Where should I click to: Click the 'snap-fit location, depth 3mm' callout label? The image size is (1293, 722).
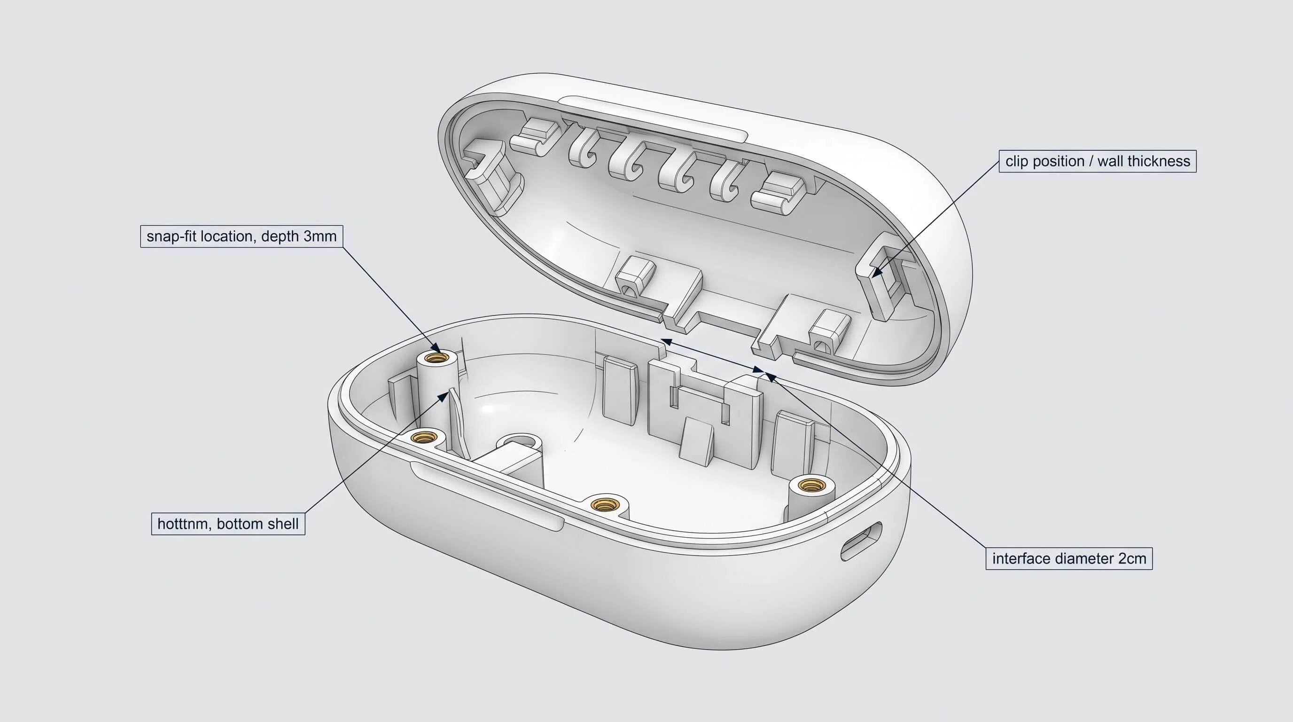click(241, 236)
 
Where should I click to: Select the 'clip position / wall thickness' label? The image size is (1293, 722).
click(1097, 161)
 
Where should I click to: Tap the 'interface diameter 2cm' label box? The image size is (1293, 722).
click(1069, 558)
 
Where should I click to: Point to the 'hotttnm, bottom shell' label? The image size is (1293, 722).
click(228, 524)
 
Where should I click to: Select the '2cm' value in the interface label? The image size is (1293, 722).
click(1131, 558)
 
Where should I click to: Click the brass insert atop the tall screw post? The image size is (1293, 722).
click(436, 358)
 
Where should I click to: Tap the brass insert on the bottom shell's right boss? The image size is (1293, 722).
click(808, 485)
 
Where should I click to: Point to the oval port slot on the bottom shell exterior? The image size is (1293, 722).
click(861, 541)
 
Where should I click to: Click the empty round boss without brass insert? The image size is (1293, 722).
click(521, 442)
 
